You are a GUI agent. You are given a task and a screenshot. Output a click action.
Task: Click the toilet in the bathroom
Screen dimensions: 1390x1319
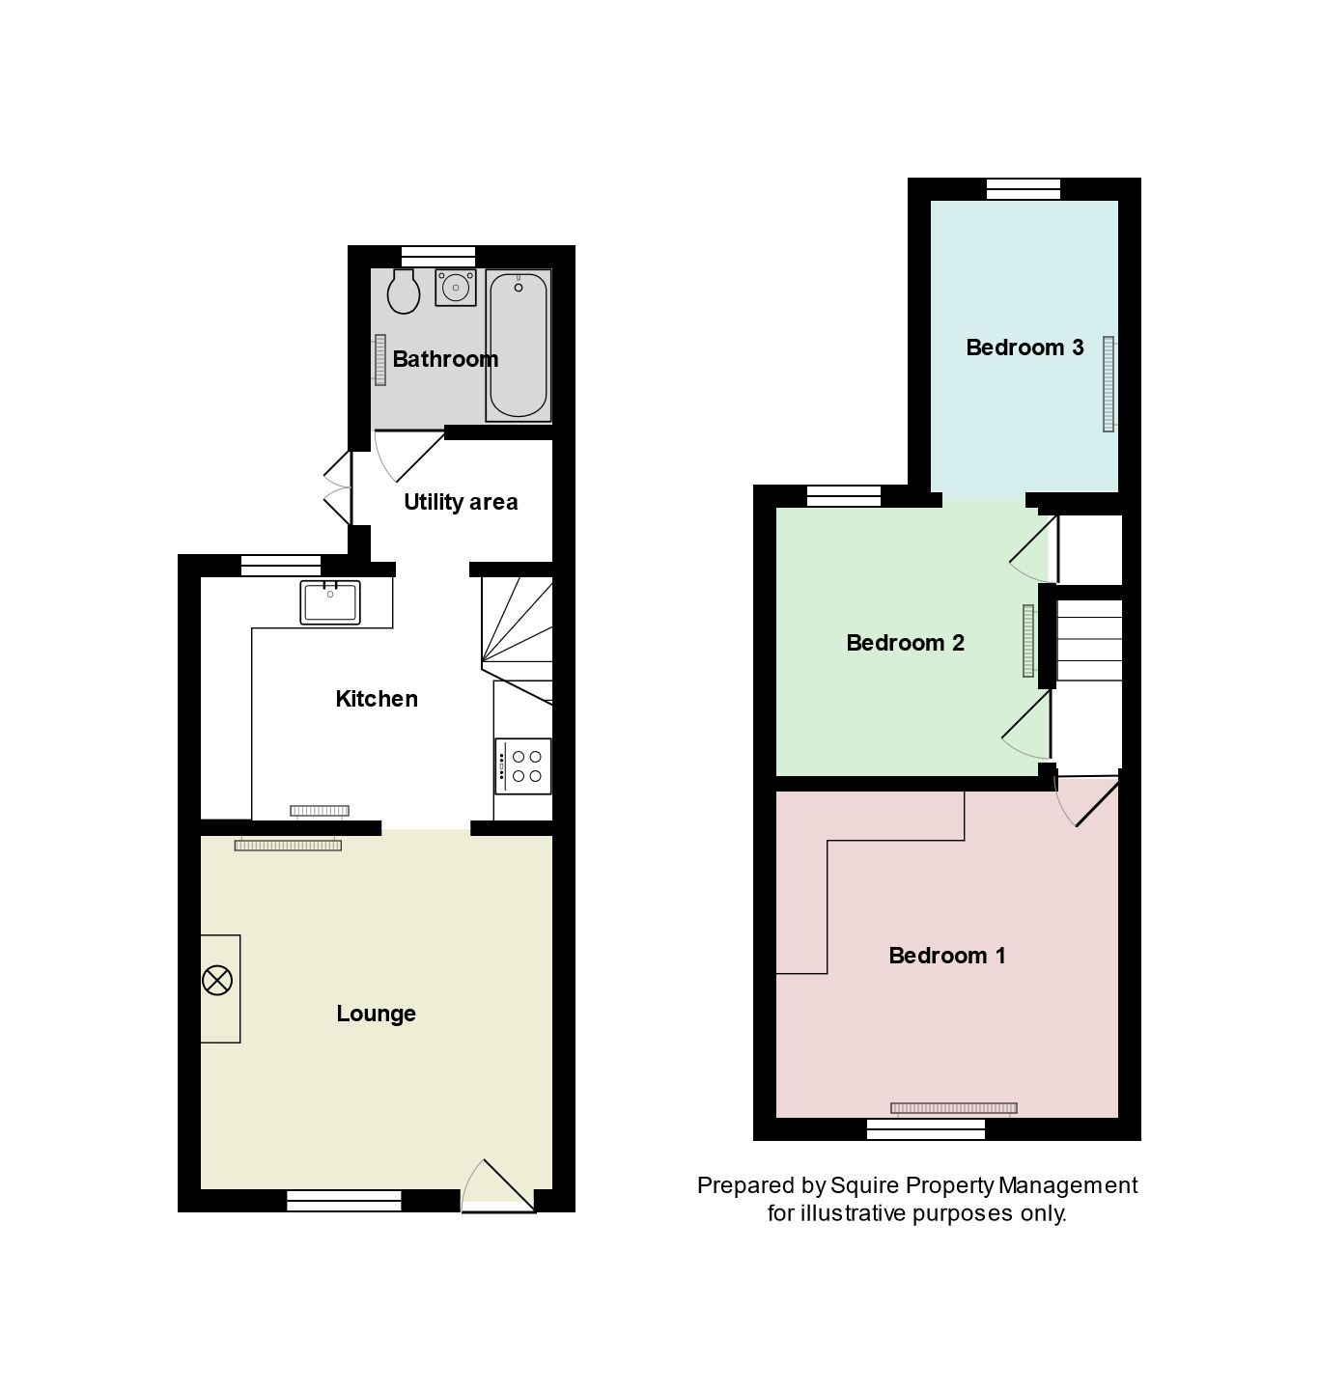click(403, 291)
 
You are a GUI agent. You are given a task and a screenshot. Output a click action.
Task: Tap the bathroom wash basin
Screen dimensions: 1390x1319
click(455, 287)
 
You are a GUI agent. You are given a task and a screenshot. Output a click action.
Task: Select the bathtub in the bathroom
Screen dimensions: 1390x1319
click(519, 345)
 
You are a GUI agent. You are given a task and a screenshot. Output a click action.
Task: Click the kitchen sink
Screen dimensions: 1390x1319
click(329, 602)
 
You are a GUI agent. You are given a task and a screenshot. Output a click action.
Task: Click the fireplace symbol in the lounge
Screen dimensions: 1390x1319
click(217, 982)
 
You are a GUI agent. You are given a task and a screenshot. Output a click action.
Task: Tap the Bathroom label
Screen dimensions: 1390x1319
click(445, 359)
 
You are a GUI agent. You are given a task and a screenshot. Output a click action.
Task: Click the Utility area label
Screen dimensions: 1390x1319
click(461, 502)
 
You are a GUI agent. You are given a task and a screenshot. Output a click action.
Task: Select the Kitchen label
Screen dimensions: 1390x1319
click(377, 699)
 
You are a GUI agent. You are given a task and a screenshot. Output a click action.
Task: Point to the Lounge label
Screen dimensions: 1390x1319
click(377, 1014)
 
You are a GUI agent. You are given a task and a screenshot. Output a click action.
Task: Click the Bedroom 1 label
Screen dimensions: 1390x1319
click(947, 956)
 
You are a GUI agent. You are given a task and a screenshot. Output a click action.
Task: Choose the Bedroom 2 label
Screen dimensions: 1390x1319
click(906, 643)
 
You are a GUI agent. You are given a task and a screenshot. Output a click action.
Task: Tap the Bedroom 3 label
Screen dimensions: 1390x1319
click(1024, 347)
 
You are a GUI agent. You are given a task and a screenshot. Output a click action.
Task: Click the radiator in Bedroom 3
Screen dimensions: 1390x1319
click(1109, 383)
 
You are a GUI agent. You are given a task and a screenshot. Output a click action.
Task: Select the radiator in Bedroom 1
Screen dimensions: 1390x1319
click(953, 1108)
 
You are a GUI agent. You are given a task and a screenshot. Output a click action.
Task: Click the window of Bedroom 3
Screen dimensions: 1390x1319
click(1024, 189)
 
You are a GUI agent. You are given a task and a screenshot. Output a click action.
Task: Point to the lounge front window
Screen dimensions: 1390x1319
click(344, 1201)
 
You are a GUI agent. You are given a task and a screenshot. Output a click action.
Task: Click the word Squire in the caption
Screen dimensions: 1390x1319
click(863, 1185)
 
